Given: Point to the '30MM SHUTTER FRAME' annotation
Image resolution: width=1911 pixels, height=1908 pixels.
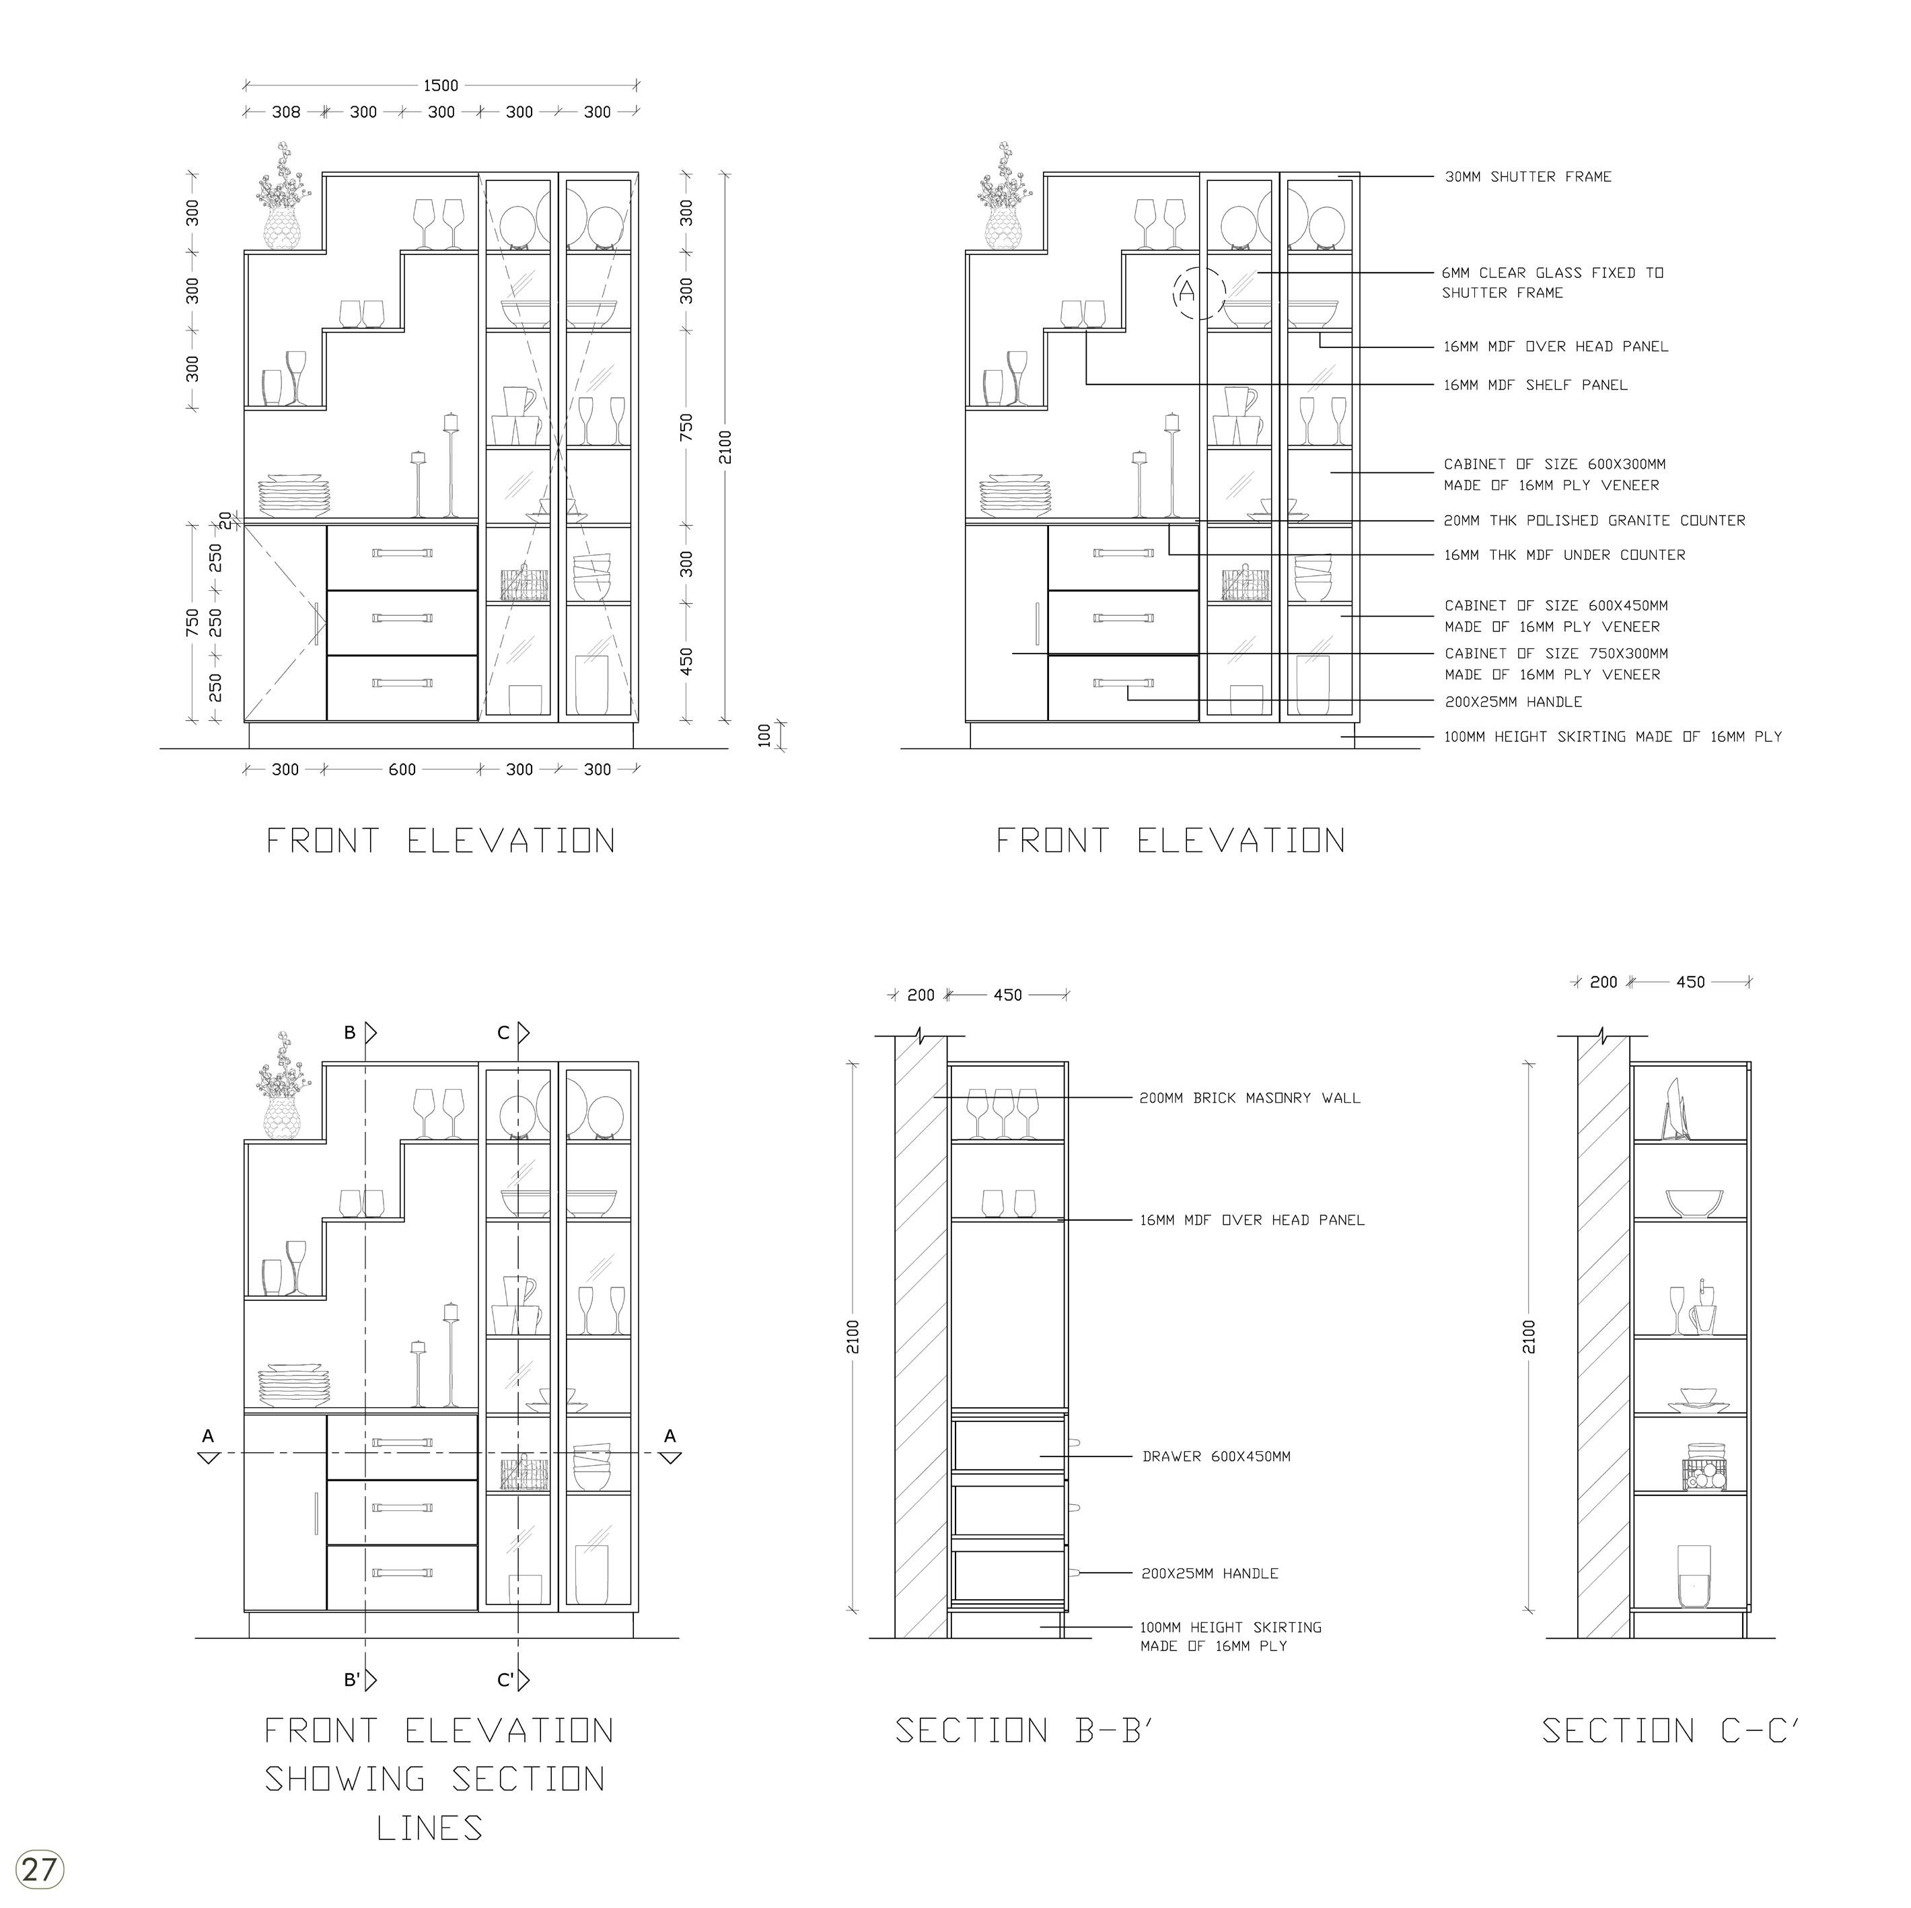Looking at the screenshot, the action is tap(1527, 177).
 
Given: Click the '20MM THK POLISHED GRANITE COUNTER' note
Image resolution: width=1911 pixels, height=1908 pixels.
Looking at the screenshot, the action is tap(1593, 520).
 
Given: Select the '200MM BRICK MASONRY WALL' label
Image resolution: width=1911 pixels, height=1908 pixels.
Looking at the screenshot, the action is tap(1250, 1098).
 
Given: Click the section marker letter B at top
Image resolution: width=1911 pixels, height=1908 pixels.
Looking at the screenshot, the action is tap(350, 1032).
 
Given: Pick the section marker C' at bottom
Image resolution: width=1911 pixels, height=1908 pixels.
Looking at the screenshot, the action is tap(505, 1680).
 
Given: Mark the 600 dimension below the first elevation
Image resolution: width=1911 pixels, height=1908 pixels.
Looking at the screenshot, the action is tap(402, 769).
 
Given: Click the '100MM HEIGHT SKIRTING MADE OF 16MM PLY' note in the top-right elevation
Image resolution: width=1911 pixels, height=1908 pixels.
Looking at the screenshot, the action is tap(1612, 737).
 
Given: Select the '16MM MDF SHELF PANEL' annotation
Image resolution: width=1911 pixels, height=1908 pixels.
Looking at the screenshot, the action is tap(1535, 385).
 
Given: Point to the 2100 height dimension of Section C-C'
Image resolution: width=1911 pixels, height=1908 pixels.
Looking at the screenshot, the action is tap(1529, 1337).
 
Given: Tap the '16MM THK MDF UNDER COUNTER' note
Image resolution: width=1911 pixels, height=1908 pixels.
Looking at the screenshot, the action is tap(1564, 555).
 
